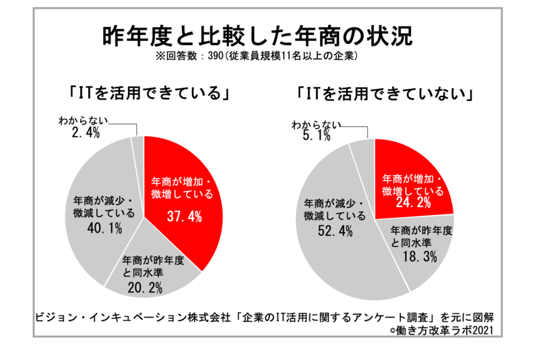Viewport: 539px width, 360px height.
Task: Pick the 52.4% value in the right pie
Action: click(x=332, y=231)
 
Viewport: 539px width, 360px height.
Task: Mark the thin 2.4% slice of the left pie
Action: click(x=138, y=144)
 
